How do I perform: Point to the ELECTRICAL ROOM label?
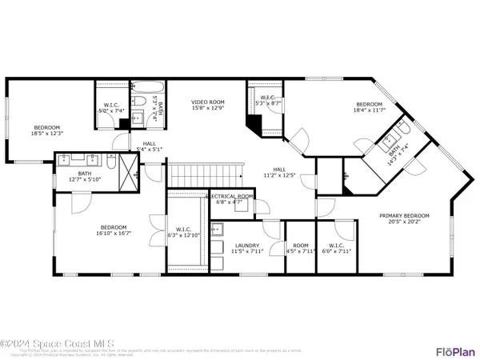click(x=231, y=196)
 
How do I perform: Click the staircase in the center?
click(x=204, y=172)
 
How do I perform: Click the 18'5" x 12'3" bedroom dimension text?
click(x=47, y=133)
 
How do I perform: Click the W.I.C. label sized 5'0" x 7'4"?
click(x=111, y=111)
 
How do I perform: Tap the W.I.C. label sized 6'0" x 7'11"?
click(x=333, y=251)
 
